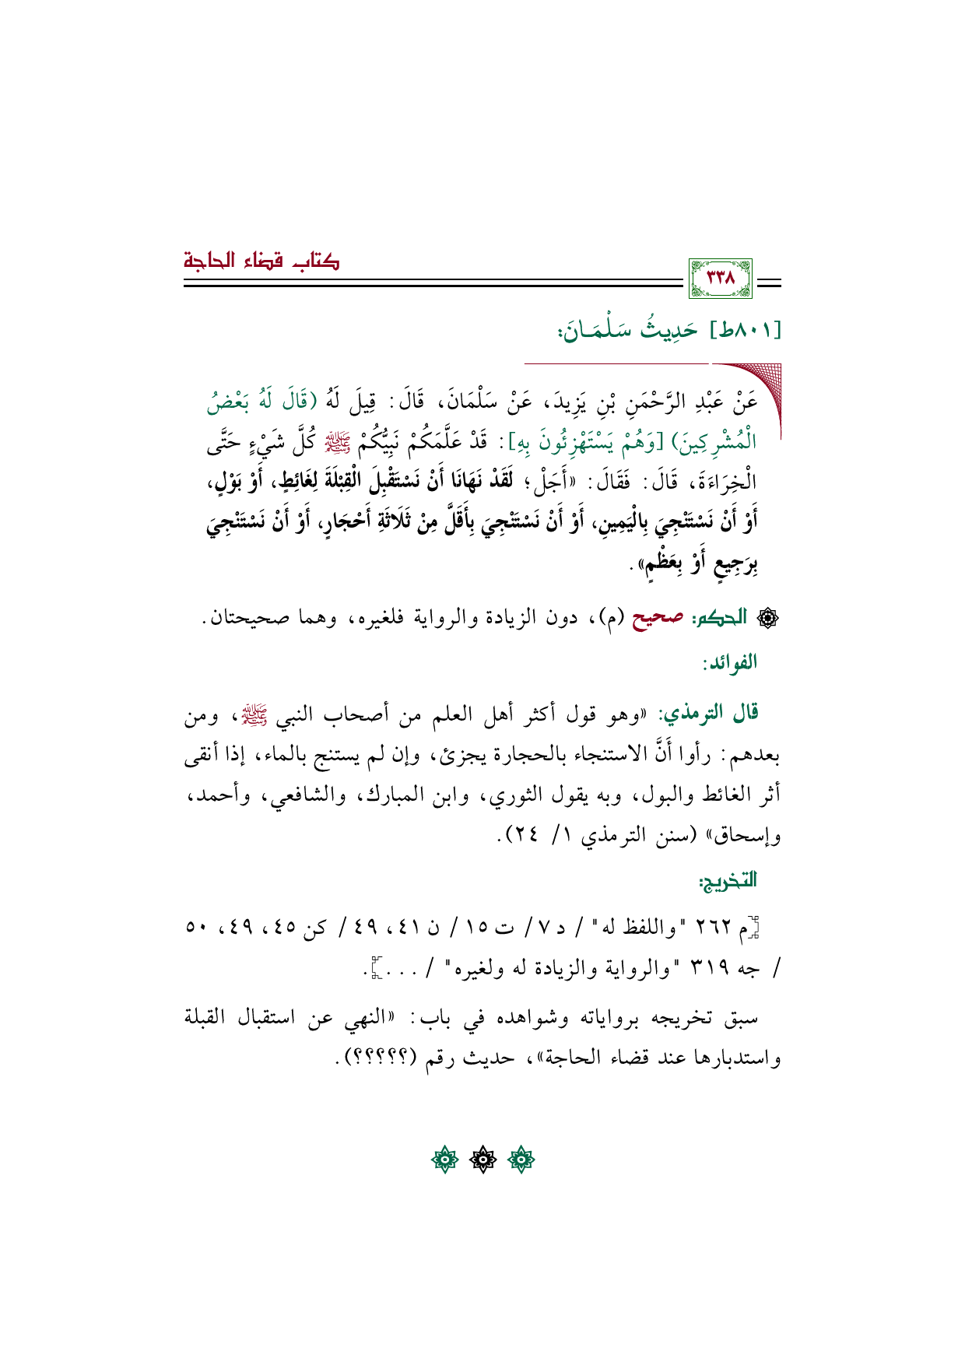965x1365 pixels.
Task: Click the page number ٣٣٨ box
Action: pyautogui.click(x=720, y=278)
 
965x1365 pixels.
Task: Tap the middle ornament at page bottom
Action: pyautogui.click(x=482, y=1160)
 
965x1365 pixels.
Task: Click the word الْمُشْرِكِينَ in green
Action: pyautogui.click(x=718, y=444)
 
